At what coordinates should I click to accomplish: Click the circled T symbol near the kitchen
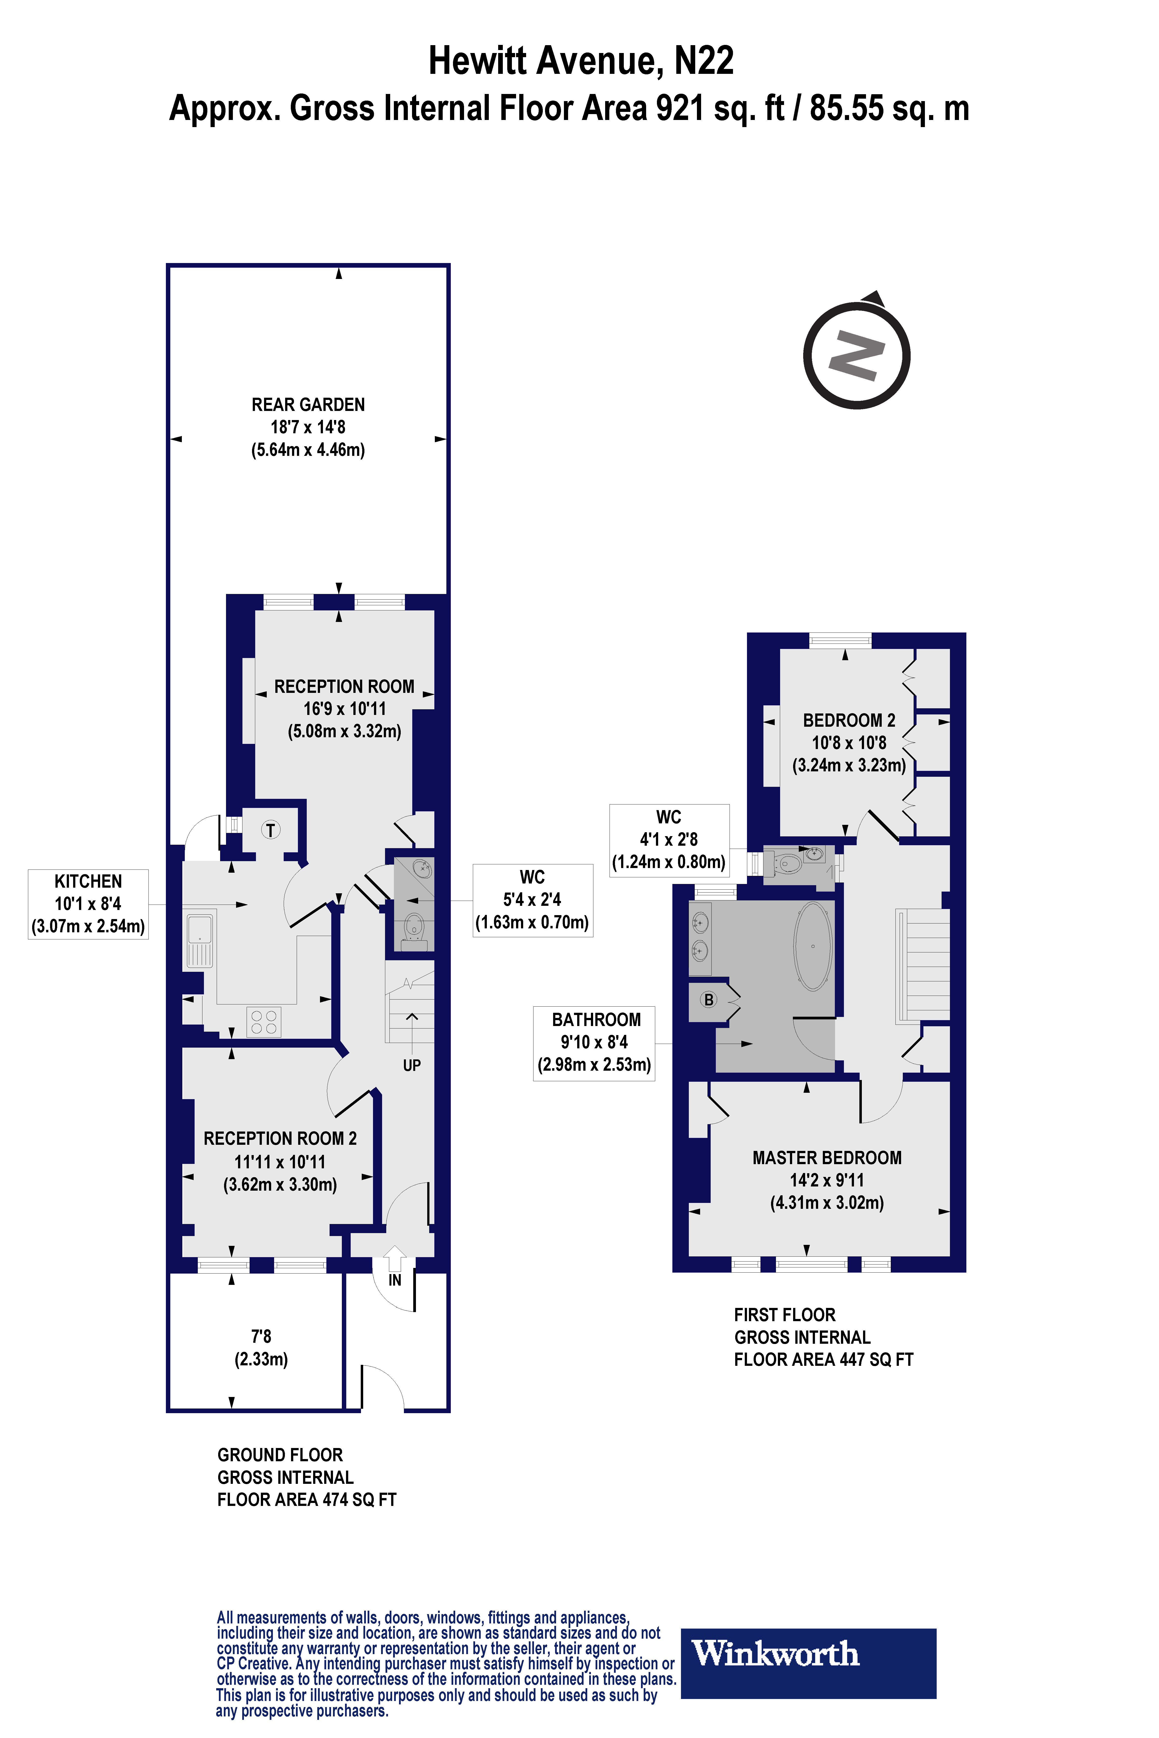click(270, 830)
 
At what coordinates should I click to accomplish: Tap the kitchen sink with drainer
click(200, 941)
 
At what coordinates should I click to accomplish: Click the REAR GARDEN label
click(308, 405)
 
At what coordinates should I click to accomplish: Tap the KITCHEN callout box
click(88, 904)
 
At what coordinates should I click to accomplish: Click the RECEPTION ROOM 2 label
click(280, 1139)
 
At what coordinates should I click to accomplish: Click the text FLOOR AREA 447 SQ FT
click(823, 1360)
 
